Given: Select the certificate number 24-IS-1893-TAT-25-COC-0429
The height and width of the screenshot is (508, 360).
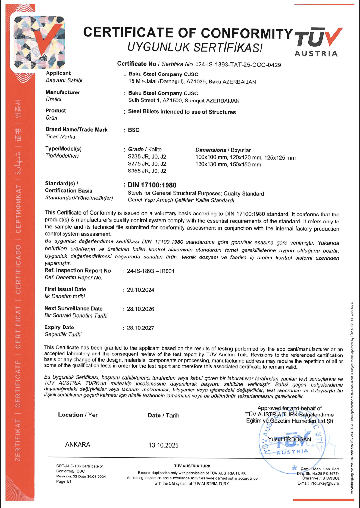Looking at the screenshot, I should (x=239, y=65).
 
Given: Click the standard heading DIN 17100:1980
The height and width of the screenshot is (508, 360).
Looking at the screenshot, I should (x=152, y=185).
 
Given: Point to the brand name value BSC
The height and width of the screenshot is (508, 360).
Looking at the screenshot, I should (x=133, y=130).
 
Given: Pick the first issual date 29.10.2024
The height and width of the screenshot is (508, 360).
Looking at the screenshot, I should (x=141, y=290).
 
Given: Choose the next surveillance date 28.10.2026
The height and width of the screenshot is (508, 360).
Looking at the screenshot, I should (x=141, y=309).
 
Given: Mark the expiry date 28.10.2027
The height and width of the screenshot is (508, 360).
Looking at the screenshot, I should (x=141, y=328).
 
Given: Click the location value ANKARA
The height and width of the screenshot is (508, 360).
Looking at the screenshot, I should (x=78, y=445).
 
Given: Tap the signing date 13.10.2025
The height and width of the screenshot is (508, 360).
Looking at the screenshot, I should (x=163, y=445).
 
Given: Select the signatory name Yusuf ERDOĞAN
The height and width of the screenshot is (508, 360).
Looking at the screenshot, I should (x=289, y=439).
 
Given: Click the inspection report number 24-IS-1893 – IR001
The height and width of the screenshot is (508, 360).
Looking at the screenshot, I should (x=150, y=271).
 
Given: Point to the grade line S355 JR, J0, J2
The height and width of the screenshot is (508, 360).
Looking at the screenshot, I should (x=147, y=171).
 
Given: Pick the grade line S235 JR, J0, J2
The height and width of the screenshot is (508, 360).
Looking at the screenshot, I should (x=147, y=157).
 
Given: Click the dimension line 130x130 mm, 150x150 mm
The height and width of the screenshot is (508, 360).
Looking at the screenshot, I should (x=228, y=165).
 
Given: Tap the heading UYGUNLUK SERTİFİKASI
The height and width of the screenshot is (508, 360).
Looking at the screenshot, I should (x=195, y=48).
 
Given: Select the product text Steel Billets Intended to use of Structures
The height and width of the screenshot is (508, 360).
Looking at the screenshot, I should (x=182, y=112).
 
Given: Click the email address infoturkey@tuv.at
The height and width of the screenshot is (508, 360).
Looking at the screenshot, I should (x=325, y=483).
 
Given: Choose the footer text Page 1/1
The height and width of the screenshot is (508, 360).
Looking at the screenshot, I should (x=64, y=481).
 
